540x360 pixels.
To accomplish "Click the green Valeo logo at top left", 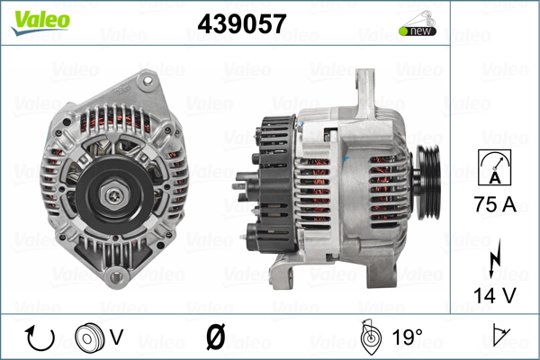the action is pos(40,22).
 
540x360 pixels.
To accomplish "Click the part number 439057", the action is pos(242,23).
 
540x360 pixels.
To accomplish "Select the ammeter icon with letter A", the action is pos(494,167).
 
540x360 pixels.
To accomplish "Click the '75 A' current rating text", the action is pos(495,204).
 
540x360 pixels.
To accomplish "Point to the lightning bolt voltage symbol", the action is pos(494,258).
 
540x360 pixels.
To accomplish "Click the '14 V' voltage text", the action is pos(495,295).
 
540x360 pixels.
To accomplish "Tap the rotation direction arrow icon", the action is pos(40,338).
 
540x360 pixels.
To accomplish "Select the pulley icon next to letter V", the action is pos(89,338).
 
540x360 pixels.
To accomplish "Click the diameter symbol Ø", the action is pos(216,337).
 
